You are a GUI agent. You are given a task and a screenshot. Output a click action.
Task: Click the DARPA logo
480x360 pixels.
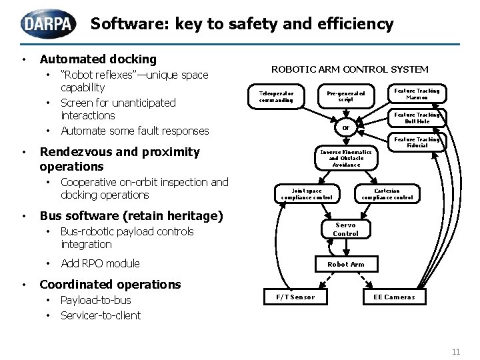point(49,24)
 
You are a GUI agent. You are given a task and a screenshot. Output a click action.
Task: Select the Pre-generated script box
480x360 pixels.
point(345,97)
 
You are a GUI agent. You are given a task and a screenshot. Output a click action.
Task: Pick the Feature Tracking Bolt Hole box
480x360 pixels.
point(417,118)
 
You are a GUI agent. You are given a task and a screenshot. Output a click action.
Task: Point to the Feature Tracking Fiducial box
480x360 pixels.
point(417,143)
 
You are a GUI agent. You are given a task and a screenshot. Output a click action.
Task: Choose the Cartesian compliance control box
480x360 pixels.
point(387,194)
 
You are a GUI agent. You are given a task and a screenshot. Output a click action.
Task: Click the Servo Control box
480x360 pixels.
point(345,229)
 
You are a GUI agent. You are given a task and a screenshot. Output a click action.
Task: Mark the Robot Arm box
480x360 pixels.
point(345,264)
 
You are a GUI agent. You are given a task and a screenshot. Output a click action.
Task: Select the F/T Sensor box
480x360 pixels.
point(291,297)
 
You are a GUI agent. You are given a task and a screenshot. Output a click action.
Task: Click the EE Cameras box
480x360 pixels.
point(393,297)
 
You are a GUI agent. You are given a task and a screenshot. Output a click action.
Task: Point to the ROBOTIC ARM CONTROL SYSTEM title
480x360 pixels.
point(349,69)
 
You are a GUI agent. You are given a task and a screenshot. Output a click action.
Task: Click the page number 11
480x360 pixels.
point(456,351)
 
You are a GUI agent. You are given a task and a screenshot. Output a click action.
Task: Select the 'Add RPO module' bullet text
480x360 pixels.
point(100,263)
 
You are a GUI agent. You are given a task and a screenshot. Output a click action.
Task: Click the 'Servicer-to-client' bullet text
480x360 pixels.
point(100,315)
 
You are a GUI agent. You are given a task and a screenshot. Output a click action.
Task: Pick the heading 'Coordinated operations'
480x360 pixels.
point(110,285)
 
